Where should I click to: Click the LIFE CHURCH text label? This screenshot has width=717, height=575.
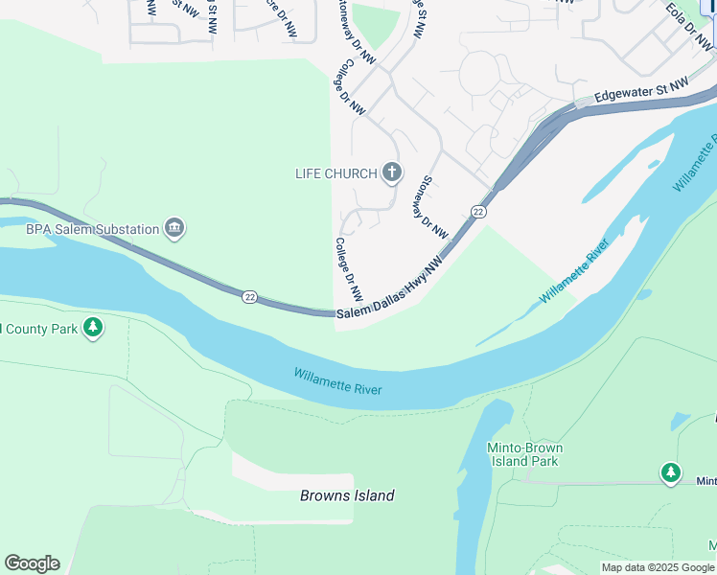click(335, 173)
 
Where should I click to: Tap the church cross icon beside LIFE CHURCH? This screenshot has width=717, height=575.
click(391, 172)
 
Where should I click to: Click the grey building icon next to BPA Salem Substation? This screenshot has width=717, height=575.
click(174, 228)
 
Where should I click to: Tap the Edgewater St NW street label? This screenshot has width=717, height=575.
click(641, 92)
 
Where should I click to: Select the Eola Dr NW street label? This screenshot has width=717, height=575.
click(690, 27)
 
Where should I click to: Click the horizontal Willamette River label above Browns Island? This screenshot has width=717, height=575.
click(337, 381)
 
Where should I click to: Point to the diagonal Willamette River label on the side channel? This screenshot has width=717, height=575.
click(575, 274)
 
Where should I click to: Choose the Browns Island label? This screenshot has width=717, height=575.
click(347, 495)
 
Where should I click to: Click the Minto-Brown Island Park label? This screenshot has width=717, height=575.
click(523, 454)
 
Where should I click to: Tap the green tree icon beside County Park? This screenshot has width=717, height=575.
click(93, 329)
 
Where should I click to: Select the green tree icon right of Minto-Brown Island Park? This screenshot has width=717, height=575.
click(671, 472)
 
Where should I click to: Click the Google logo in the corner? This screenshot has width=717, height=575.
click(32, 563)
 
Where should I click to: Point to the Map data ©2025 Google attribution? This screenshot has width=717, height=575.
click(658, 567)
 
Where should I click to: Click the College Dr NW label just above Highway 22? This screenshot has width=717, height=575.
click(347, 268)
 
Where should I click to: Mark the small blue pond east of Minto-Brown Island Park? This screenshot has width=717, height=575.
click(680, 421)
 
